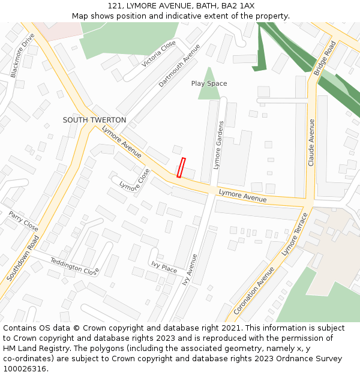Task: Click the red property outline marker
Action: click(181, 168)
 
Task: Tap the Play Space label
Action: click(209, 83)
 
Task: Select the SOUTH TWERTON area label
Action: click(94, 120)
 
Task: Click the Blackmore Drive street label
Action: click(23, 55)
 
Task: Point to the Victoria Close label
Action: click(159, 54)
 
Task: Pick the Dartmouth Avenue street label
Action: click(179, 65)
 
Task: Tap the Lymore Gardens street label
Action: click(218, 144)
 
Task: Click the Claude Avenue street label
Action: click(311, 142)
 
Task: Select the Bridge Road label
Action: click(325, 58)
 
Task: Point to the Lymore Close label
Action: click(135, 181)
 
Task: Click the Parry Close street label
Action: click(23, 221)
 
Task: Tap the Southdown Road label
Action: click(23, 258)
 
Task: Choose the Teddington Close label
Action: click(74, 266)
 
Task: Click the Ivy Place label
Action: click(164, 267)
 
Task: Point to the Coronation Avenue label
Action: click(254, 290)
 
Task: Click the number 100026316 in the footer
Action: click(24, 368)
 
